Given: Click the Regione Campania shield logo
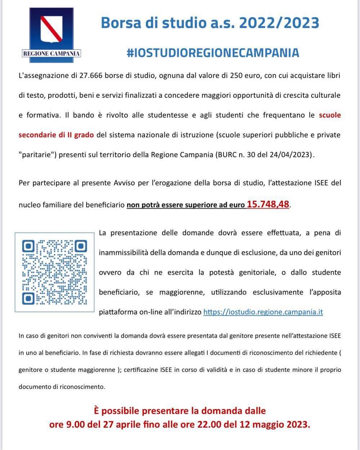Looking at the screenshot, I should pos(51,28).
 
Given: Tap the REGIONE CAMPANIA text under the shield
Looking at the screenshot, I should pos(51,54).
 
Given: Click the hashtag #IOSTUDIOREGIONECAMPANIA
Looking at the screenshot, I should pos(213,53).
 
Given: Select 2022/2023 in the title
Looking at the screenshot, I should pos(279,23).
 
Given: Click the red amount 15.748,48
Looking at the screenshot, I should pos(268,204).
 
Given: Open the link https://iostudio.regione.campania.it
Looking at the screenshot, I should pos(263,312).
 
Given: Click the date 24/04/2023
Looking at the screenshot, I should pos(295,155).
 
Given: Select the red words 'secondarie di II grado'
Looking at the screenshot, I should pos(56,135).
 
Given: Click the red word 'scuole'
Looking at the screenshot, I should pos(330,115).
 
